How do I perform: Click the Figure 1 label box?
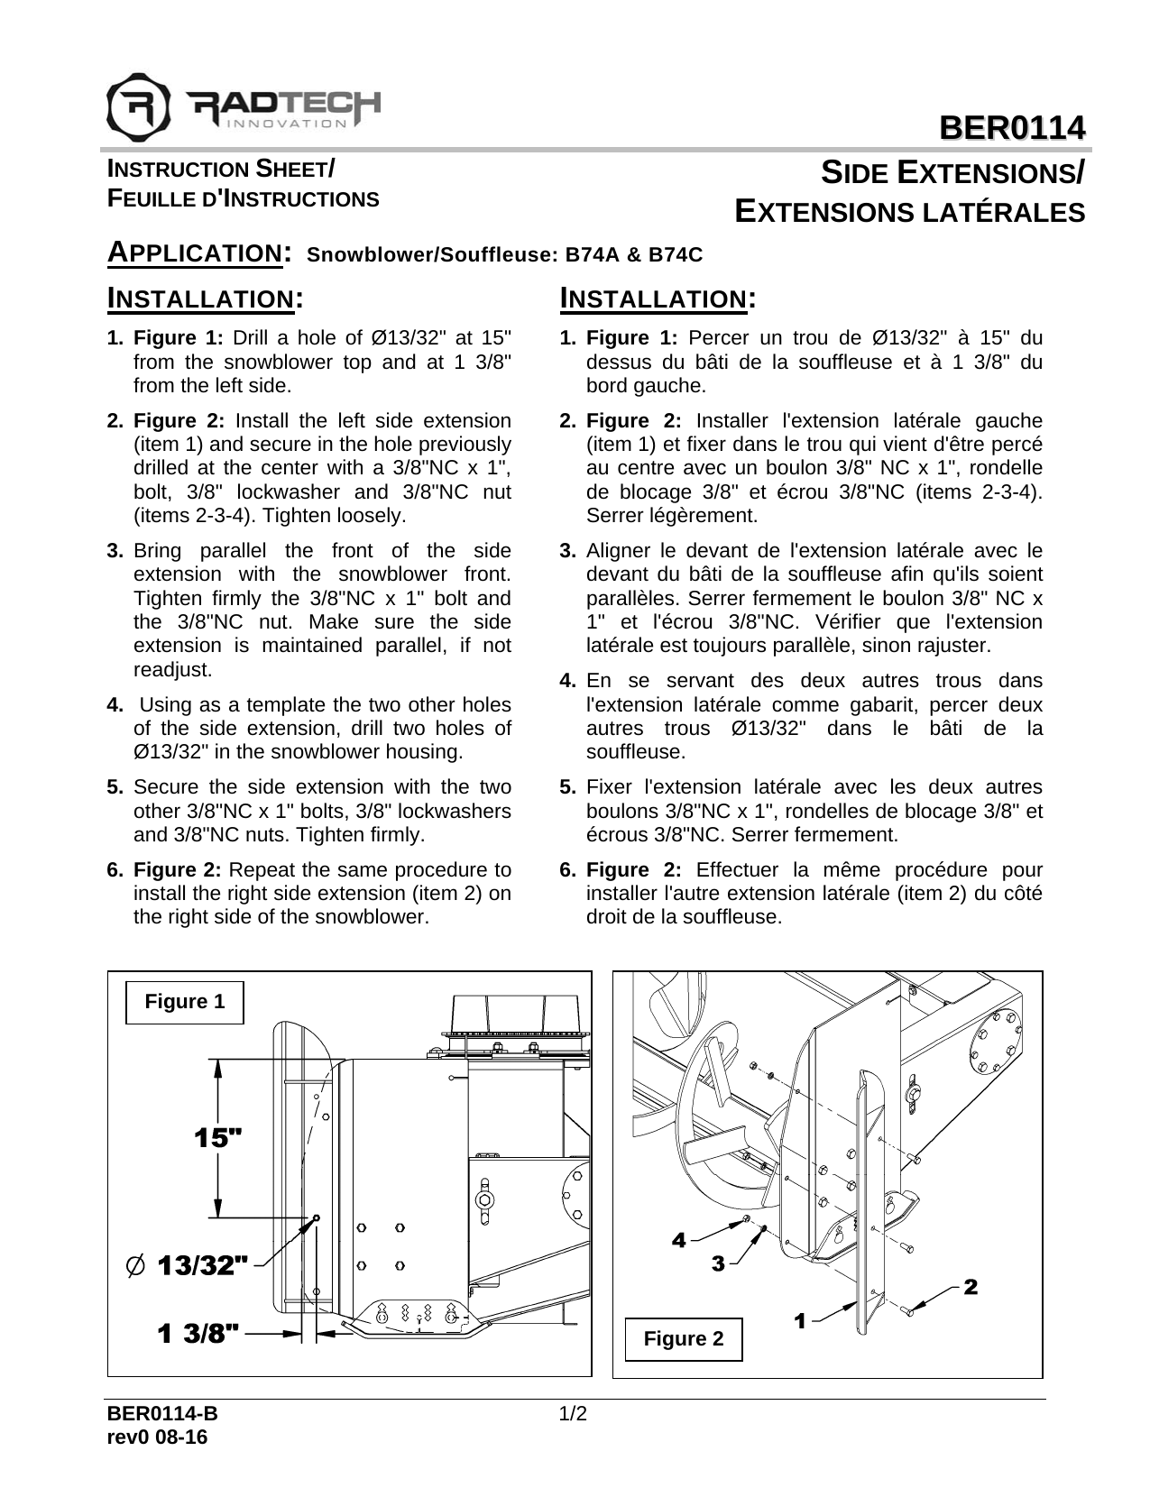click(x=185, y=1002)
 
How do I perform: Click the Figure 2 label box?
click(x=683, y=1339)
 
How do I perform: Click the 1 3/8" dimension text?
click(x=198, y=1332)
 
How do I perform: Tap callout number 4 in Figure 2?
click(x=678, y=1240)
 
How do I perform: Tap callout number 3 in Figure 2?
click(x=718, y=1264)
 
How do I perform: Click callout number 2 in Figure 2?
click(x=971, y=1287)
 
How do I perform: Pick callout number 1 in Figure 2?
click(x=799, y=1321)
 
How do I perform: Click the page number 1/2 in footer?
click(x=574, y=1413)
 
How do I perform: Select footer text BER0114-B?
click(x=162, y=1413)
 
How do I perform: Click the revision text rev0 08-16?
click(x=157, y=1437)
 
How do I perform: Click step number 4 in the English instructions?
click(x=115, y=704)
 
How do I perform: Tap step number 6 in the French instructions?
click(x=567, y=870)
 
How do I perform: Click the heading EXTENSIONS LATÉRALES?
click(x=909, y=212)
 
